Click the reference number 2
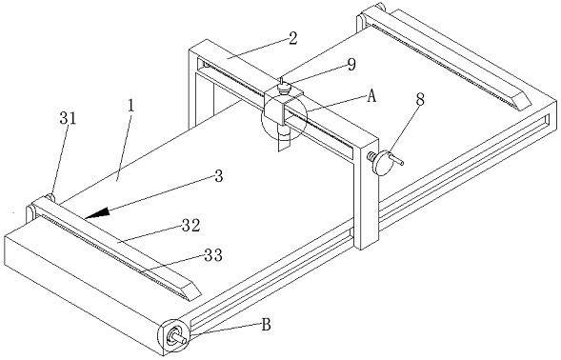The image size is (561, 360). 293,38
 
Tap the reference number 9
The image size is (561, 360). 351,65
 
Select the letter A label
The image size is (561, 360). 371,96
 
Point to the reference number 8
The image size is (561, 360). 420,100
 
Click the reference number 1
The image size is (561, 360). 130,106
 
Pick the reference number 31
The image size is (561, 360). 68,118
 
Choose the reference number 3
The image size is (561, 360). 219,176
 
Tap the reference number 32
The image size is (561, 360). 190,226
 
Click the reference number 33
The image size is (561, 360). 213,255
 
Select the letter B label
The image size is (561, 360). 266,325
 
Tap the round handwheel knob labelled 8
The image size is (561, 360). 383,163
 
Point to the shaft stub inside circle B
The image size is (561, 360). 178,337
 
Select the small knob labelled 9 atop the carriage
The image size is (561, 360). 284,88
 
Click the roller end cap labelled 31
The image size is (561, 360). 50,198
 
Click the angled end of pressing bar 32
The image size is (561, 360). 191,290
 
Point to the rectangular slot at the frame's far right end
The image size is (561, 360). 547,119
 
